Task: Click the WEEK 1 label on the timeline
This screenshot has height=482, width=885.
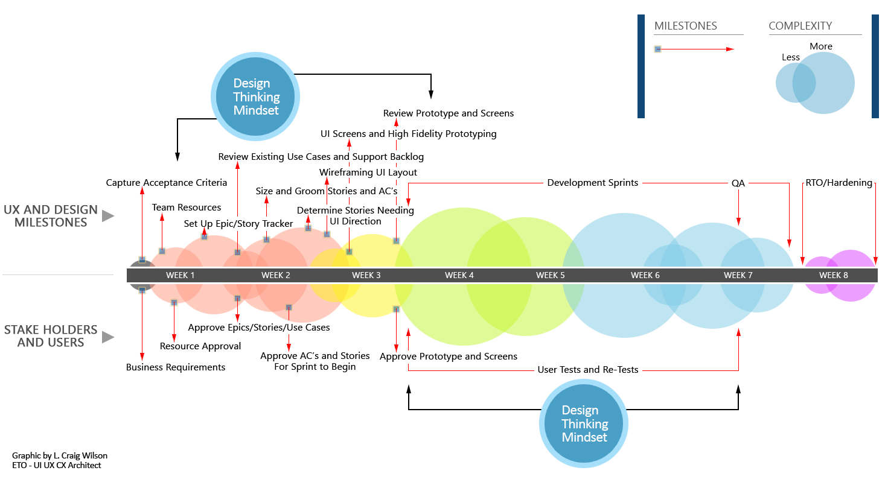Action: tap(181, 275)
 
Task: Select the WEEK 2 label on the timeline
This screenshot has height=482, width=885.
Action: tap(276, 275)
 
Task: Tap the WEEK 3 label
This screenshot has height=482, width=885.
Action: tap(366, 275)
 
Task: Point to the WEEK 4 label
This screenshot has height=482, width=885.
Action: tap(459, 275)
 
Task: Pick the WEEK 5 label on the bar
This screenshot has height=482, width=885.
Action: tap(551, 275)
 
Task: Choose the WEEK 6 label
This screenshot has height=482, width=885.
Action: tap(645, 275)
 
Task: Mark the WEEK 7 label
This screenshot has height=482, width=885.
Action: tap(738, 275)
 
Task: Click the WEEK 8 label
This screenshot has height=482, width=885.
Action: tap(834, 275)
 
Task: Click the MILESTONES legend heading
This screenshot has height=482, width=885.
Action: tap(686, 26)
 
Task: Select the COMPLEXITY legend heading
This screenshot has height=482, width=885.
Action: tap(800, 26)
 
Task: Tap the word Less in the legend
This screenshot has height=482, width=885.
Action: tap(791, 57)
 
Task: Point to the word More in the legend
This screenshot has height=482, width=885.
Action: tap(821, 46)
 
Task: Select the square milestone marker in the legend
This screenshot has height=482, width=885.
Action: tap(658, 49)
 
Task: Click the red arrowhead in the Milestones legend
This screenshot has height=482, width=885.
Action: tap(730, 49)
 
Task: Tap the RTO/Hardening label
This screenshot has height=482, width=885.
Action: tap(839, 183)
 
